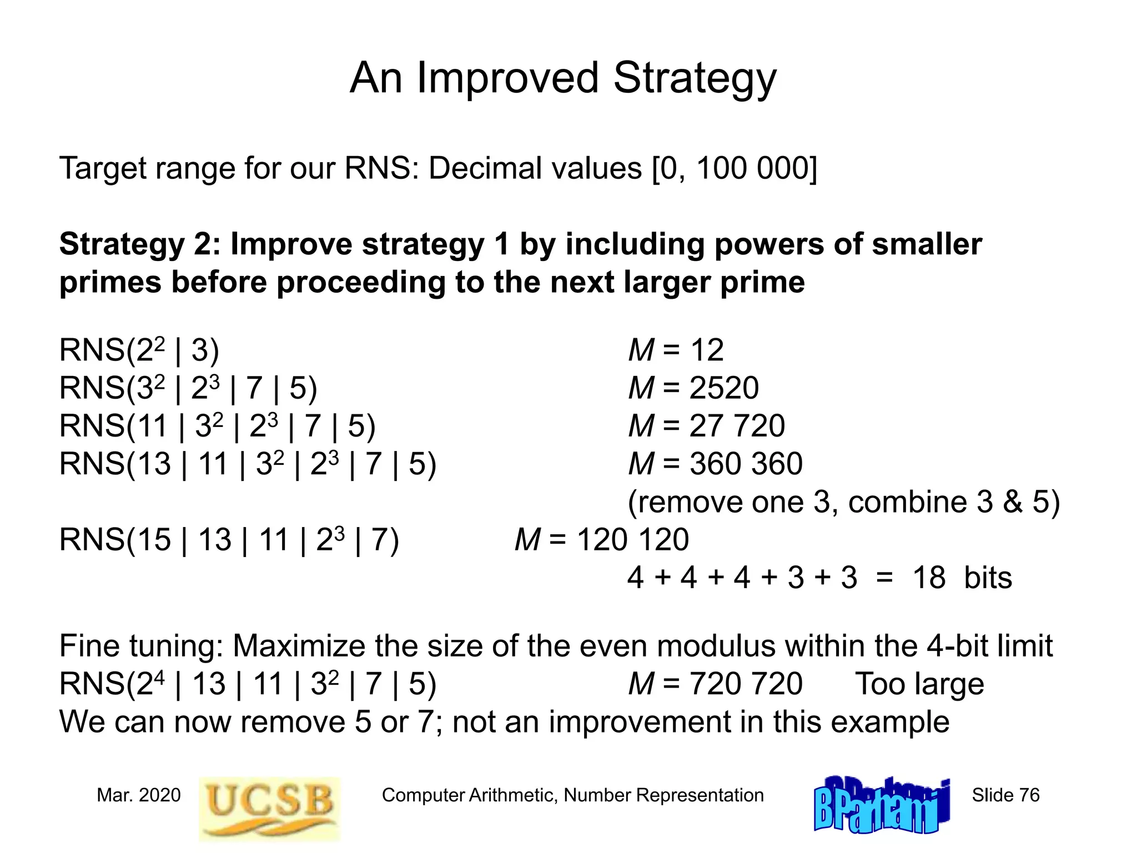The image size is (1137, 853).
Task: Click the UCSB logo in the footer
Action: [269, 808]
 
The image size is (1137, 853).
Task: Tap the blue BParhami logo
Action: [882, 806]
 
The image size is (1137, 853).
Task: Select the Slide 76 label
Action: [1005, 795]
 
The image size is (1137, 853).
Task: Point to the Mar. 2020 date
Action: [139, 795]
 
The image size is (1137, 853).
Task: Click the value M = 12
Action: [676, 350]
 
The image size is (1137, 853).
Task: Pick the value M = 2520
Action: [693, 388]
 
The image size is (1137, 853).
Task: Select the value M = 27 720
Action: [706, 426]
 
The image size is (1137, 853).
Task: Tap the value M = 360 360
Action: [715, 464]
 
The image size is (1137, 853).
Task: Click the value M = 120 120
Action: [602, 540]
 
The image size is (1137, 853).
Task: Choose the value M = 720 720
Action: [715, 684]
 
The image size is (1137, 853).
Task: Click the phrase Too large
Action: [919, 684]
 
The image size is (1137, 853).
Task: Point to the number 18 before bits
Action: [929, 578]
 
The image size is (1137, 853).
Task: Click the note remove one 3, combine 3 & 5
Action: [843, 502]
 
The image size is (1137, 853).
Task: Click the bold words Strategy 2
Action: [139, 244]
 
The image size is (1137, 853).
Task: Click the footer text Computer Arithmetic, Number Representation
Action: [572, 795]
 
